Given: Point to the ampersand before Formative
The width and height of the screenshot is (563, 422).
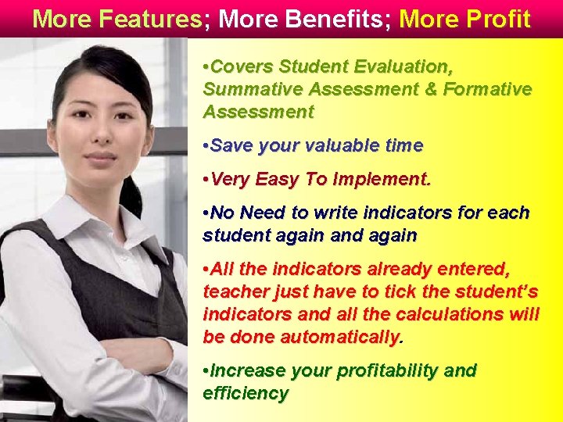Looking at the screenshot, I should pyautogui.click(x=430, y=89).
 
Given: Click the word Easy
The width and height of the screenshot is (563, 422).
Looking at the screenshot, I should pyautogui.click(x=277, y=180).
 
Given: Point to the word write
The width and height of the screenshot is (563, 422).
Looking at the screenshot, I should pyautogui.click(x=337, y=213).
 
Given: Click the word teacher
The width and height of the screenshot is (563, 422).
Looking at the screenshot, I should pyautogui.click(x=232, y=291).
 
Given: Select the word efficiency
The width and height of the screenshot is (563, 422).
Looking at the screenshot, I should pyautogui.click(x=246, y=392).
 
